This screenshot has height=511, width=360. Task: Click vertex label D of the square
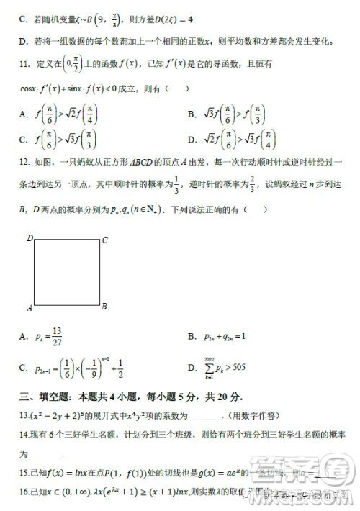pos(31,238)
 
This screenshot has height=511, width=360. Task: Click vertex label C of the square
pos(104,240)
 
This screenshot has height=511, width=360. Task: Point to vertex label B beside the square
pos(104,306)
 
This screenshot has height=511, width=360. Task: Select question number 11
pos(25,65)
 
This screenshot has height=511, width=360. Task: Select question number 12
pos(25,163)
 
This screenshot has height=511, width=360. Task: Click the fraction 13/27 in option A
pos(58,336)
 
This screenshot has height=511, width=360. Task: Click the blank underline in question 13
pos(208,417)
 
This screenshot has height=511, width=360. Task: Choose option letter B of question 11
pos(192,114)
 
